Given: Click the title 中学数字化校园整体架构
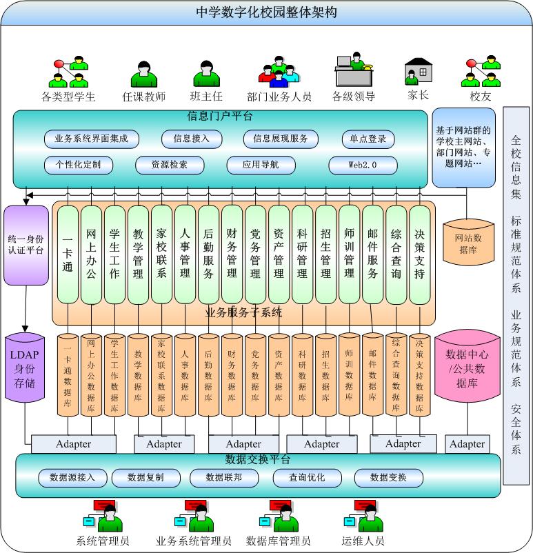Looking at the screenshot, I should coord(266,12).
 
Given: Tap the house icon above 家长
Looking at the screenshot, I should coord(418,71).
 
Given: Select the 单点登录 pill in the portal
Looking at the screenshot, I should coord(368,139).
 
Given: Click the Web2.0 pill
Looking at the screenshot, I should coord(363,165).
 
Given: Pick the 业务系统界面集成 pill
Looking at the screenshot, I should coord(92,139).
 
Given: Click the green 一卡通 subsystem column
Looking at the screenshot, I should coord(68,254).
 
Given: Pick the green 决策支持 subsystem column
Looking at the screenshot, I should coord(419,254).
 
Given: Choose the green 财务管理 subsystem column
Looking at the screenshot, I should coord(232,254).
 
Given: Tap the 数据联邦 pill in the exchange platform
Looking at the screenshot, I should coord(214,477).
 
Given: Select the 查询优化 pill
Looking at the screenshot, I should coord(307,477).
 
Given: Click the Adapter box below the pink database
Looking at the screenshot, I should coord(467,444).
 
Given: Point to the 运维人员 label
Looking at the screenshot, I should coord(363,541).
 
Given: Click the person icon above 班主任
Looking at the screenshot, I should coord(206,74).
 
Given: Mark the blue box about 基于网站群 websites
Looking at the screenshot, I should coord(463,147).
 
